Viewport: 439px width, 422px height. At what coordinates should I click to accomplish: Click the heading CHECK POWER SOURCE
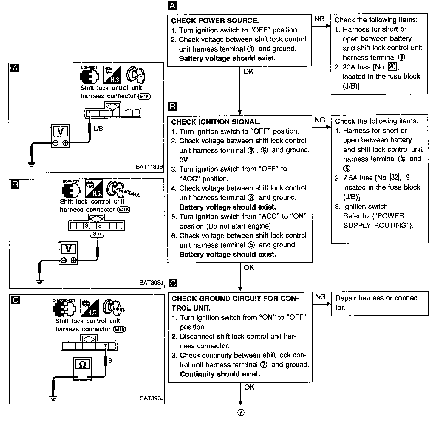point(215,21)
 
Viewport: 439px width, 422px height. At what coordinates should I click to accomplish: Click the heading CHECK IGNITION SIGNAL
point(216,122)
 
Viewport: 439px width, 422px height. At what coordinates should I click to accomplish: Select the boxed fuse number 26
point(392,67)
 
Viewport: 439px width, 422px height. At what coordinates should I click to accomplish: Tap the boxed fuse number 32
point(394,178)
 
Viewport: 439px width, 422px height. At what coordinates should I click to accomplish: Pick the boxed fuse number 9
point(408,178)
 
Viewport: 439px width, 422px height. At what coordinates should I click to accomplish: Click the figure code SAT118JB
point(149,167)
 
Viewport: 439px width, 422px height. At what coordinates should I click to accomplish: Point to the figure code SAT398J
point(151,283)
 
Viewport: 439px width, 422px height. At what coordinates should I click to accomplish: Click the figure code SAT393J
point(152,398)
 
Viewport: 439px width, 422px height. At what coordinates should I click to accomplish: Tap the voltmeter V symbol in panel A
point(61,131)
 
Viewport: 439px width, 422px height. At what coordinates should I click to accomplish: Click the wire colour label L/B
point(98,129)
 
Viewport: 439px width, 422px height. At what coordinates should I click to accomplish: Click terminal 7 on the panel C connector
point(105,346)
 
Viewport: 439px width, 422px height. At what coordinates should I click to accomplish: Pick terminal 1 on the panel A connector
point(90,113)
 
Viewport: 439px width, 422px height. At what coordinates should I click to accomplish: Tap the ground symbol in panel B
point(40,280)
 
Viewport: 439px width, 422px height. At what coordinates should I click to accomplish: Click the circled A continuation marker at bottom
point(241,413)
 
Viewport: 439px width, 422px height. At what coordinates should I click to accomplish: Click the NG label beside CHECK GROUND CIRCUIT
point(320,297)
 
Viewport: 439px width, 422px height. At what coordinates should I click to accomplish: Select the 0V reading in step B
point(183,160)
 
